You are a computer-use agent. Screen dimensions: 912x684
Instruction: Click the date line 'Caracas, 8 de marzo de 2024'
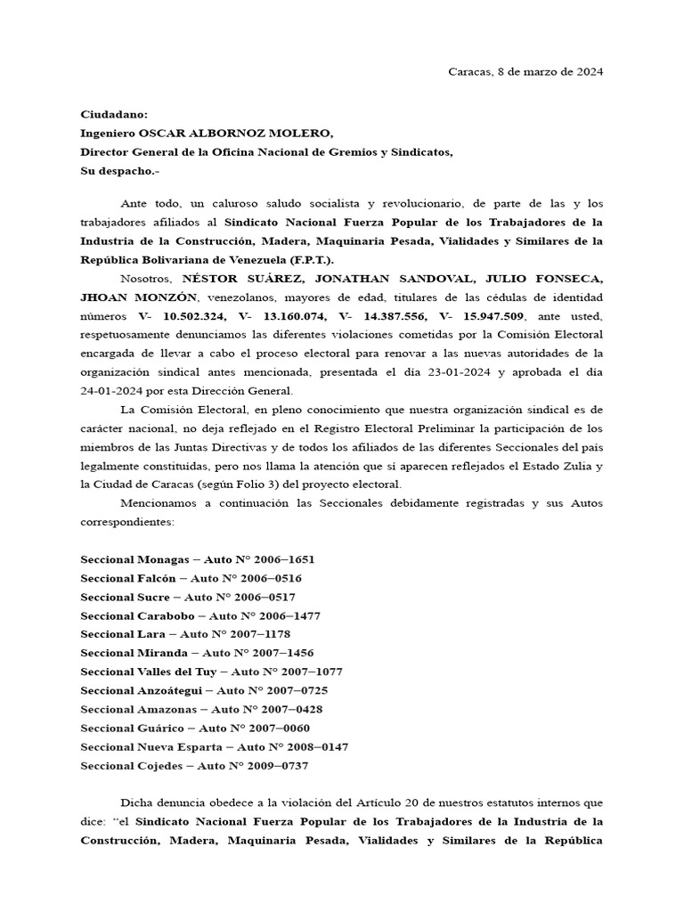[x=525, y=71]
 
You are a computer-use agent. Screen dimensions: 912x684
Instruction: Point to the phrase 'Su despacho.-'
[x=119, y=170]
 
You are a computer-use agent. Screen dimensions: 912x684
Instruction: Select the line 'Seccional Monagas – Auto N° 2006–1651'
[x=197, y=559]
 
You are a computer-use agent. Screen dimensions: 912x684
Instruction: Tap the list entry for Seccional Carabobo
[x=200, y=615]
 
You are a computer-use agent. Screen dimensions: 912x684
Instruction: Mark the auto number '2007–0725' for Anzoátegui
[x=283, y=690]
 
